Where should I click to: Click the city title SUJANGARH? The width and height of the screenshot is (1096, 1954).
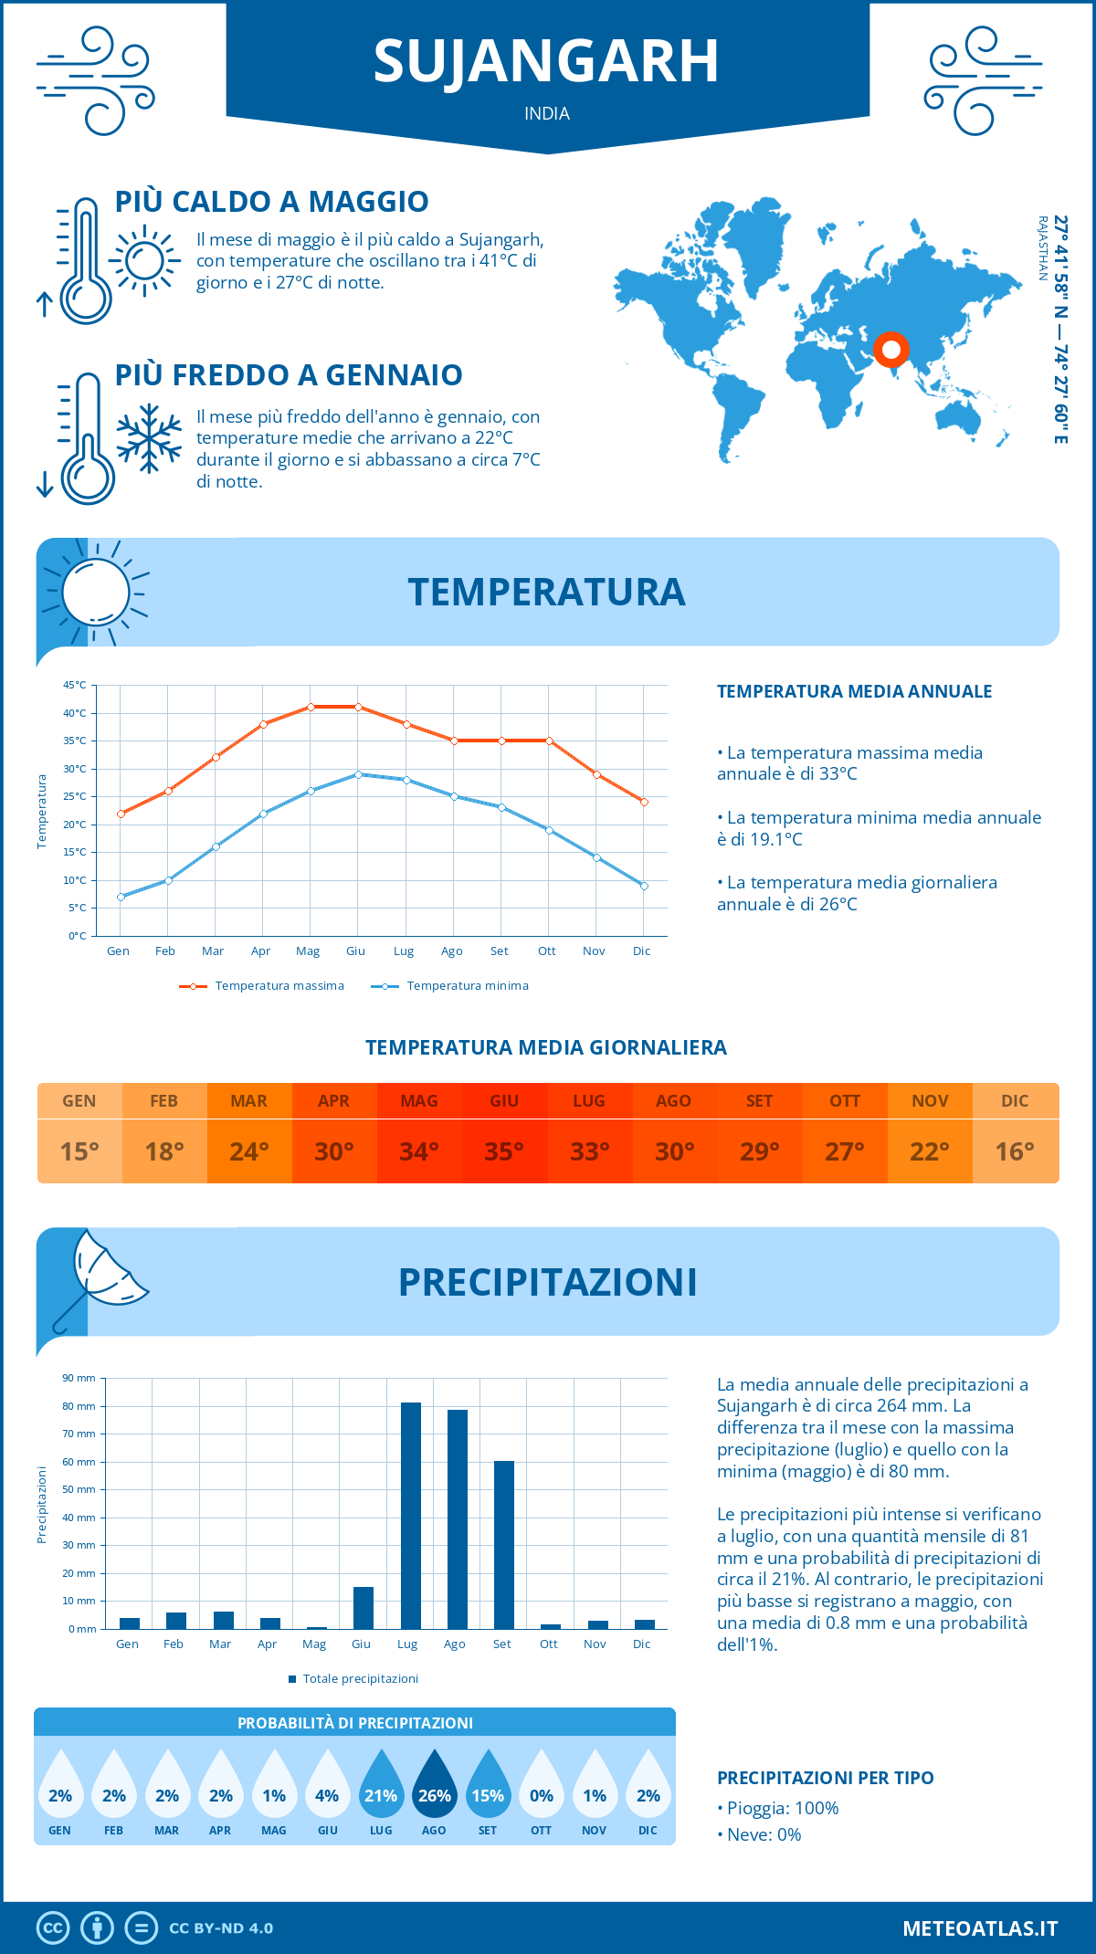coord(546,62)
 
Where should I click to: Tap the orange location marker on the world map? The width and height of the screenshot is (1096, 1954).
coord(890,349)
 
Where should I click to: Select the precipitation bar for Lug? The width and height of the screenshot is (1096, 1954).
coord(411,1516)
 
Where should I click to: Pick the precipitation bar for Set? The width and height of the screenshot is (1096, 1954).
coord(504,1545)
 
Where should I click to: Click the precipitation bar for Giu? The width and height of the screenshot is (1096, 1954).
coord(364,1608)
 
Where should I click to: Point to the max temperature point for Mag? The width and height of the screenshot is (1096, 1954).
coord(311,707)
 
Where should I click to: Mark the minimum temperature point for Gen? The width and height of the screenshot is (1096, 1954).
coord(121,897)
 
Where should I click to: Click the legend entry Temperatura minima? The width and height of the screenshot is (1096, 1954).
coord(467,986)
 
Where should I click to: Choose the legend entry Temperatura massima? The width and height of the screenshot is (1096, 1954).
coord(279,986)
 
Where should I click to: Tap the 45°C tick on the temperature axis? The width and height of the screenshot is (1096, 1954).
coord(75,685)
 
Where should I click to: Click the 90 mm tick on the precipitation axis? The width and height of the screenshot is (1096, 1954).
coord(79,1378)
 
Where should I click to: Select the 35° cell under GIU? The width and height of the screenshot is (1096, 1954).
coord(504,1151)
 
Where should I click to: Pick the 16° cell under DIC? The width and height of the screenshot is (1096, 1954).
coord(1015,1151)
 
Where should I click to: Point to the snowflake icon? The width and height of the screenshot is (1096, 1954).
coord(149,438)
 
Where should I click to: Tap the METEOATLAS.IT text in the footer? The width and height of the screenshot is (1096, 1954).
coord(980,1928)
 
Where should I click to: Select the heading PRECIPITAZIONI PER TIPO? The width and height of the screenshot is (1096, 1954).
coord(825,1778)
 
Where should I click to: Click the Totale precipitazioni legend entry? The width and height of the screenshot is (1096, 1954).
coord(360,1679)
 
